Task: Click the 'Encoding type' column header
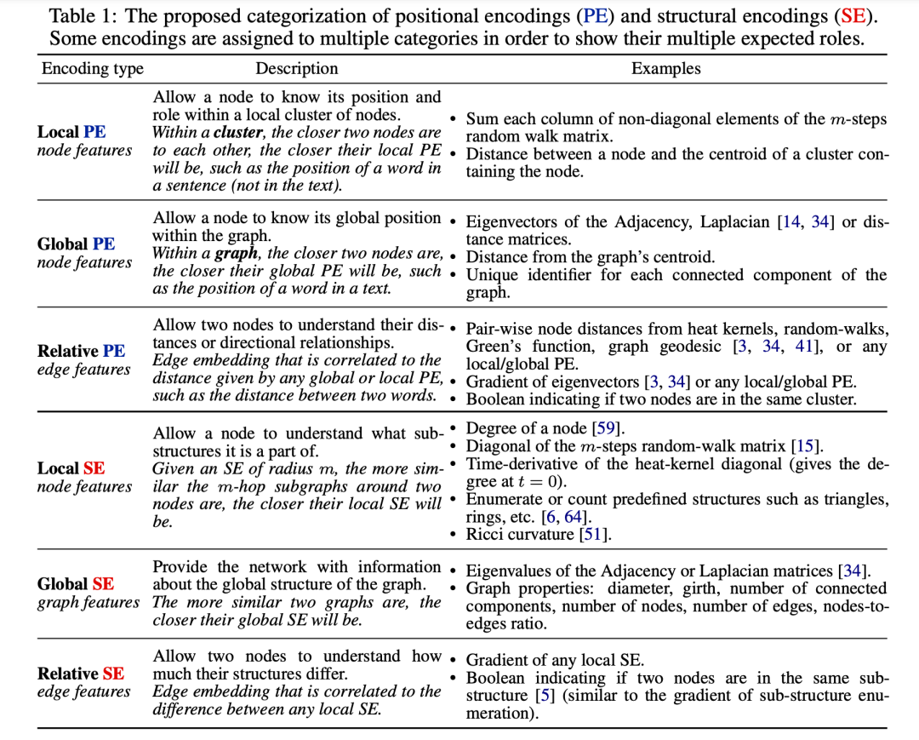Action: click(x=92, y=69)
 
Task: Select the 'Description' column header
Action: click(x=297, y=69)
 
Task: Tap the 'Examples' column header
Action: click(x=665, y=69)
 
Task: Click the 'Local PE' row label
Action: click(x=71, y=132)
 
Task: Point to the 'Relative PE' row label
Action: click(x=81, y=351)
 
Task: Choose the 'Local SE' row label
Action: click(x=71, y=468)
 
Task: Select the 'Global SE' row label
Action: click(x=76, y=584)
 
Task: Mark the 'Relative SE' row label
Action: click(x=81, y=674)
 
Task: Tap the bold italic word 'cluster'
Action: click(x=238, y=133)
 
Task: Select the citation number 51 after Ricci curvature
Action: click(x=595, y=535)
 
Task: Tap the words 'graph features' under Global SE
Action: click(x=88, y=603)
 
